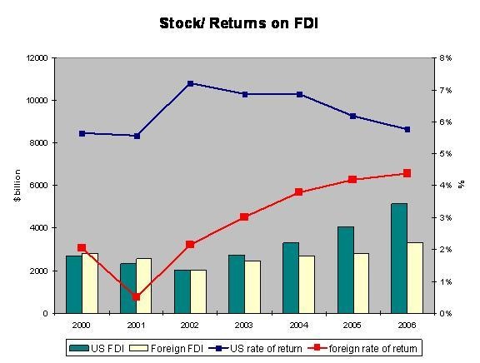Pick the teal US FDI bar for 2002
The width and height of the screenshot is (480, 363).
coord(182,291)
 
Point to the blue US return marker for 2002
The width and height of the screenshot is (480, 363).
coord(190,83)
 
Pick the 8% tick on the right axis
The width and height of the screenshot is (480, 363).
coord(446,58)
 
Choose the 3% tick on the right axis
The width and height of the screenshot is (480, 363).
coord(446,217)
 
